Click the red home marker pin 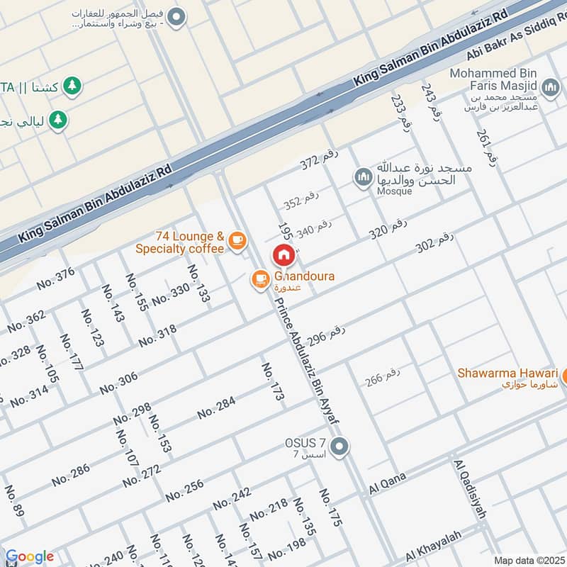pyautogui.click(x=283, y=254)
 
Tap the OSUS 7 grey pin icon pyautogui.click(x=340, y=446)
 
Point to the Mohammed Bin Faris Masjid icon pyautogui.click(x=550, y=87)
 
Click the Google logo pyautogui.click(x=29, y=556)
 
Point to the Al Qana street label pyautogui.click(x=387, y=484)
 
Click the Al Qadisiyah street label pyautogui.click(x=469, y=488)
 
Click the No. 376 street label pyautogui.click(x=56, y=278)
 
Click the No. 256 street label pyautogui.click(x=184, y=490)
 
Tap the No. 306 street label pyautogui.click(x=118, y=383)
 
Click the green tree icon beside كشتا pyautogui.click(x=72, y=86)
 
